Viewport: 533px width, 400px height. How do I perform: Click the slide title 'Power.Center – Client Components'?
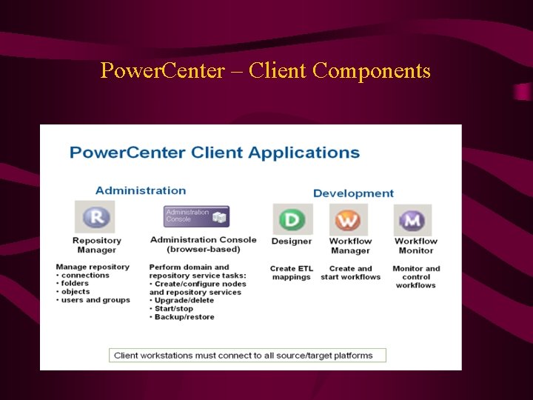[265, 71]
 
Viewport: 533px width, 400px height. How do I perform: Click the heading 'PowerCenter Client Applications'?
[215, 153]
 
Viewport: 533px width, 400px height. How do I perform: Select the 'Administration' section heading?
[141, 190]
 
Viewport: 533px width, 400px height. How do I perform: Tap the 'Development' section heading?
[353, 193]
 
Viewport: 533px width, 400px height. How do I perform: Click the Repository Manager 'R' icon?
[95, 217]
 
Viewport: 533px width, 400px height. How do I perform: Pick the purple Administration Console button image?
[196, 216]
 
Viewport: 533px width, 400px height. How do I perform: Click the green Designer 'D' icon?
[292, 220]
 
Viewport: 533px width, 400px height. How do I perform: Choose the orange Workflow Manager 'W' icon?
[348, 220]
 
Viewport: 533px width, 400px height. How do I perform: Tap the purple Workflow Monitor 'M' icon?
[412, 220]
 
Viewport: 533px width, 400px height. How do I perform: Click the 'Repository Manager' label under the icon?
[96, 245]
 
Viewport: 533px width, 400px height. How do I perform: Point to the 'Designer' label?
[291, 241]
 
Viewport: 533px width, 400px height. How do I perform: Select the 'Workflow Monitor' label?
[415, 246]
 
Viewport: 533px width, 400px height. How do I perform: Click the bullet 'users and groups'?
[95, 300]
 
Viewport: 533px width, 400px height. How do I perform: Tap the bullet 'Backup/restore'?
[184, 317]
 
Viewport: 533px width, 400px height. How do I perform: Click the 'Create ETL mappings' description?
[291, 273]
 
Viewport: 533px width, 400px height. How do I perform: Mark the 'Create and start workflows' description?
[350, 273]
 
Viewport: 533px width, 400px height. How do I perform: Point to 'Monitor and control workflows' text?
[415, 276]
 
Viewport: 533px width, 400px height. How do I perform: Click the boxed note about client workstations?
[247, 356]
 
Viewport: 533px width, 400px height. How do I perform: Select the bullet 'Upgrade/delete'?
[184, 300]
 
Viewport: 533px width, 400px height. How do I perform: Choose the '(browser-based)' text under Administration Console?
[203, 250]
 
